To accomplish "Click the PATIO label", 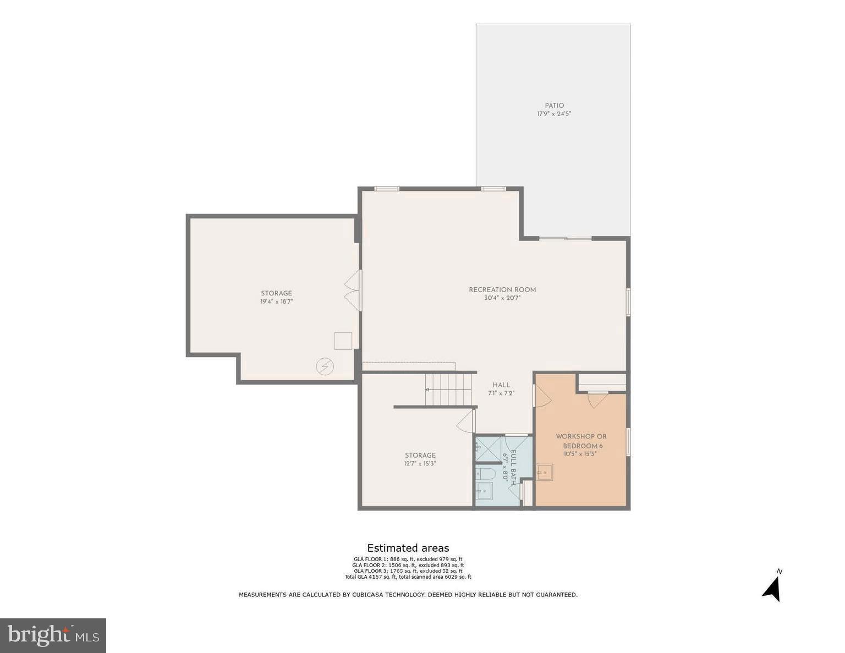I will coord(554,106).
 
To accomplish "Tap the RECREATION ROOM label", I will coord(502,290).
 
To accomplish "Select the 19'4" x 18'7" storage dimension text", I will coord(276,301).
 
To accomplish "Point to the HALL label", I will coord(501,385).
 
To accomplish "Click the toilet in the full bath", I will coord(487,474).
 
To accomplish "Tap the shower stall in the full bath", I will coord(488,448).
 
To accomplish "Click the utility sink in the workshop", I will coord(544,473).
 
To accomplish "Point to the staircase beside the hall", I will coord(449,389).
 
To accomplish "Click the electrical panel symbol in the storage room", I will coord(325,366).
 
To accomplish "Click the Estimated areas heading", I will coord(408,548).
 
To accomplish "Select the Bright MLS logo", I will coord(53,635).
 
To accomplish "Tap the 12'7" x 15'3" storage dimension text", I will coord(420,464).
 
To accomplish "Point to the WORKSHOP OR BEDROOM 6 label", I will coord(581,441).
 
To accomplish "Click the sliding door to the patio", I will coord(565,238).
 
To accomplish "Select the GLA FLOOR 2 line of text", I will coord(408,565).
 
